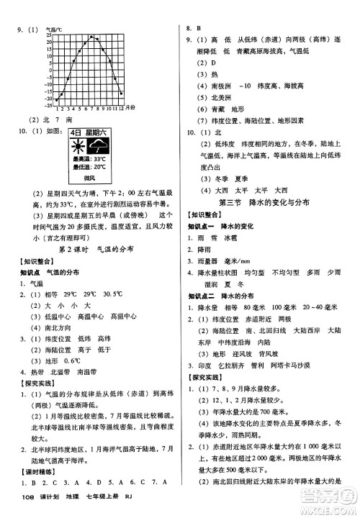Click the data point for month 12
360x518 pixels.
tap(121, 93)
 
